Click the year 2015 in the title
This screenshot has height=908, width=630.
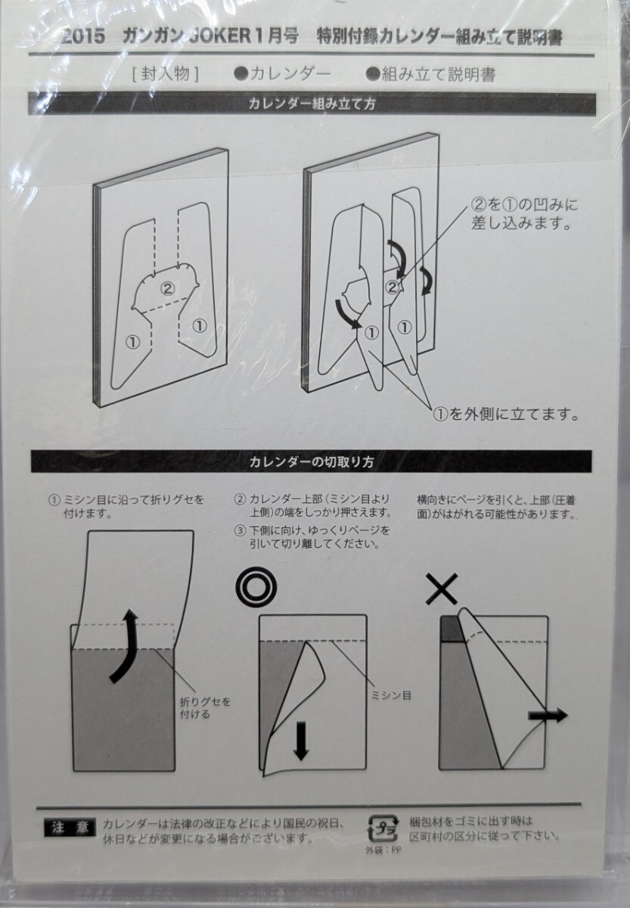coord(83,37)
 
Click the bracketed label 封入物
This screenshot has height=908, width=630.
coord(166,75)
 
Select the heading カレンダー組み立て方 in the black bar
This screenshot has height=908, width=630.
coord(312,104)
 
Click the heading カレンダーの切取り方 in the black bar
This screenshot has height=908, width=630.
coord(311,462)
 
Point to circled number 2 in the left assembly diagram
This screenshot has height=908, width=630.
coord(167,288)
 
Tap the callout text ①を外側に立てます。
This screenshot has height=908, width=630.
coord(506,415)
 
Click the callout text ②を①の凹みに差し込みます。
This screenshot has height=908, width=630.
coord(524,214)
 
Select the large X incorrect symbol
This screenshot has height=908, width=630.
coord(442,589)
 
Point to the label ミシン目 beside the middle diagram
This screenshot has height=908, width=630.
coord(391,695)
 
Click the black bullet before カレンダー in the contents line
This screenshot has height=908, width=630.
coord(241,74)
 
